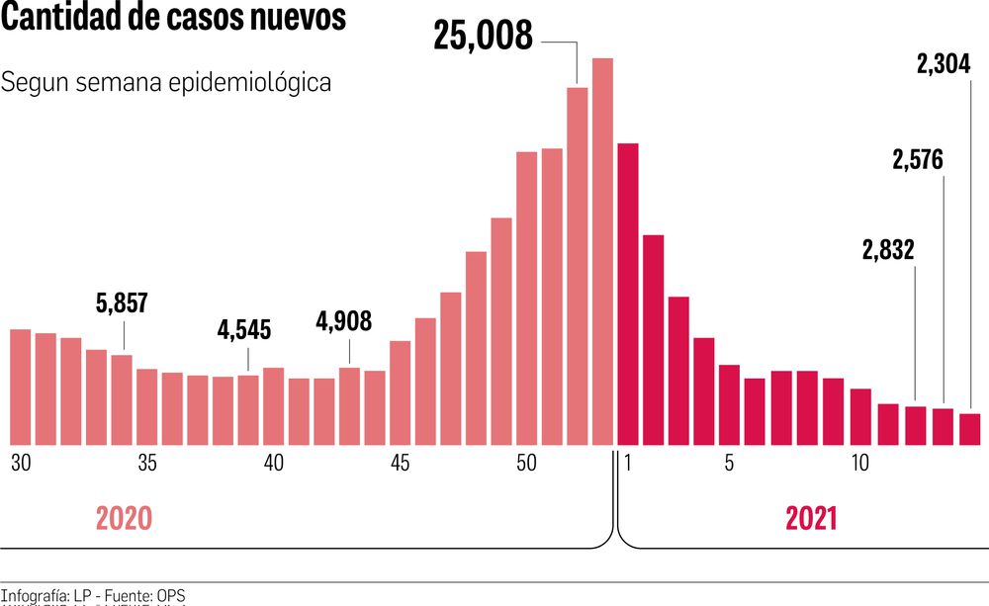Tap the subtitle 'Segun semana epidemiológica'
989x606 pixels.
pos(166,82)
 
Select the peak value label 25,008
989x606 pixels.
pos(483,36)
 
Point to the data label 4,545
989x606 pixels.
pos(244,330)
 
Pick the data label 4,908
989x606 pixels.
pos(344,321)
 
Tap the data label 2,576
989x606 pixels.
pos(917,160)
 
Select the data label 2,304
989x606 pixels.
pos(944,66)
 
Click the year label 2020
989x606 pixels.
pos(124,519)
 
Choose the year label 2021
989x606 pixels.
pos(812,519)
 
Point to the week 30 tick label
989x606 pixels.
pos(20,463)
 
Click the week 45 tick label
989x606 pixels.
pos(400,463)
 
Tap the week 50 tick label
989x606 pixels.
pos(526,463)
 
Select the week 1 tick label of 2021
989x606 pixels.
pos(627,463)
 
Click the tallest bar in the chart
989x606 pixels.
pos(602,252)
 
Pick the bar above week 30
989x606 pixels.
pos(20,387)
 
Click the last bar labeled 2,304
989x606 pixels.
pos(970,429)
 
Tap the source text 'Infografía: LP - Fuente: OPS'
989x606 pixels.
pos(93,596)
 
